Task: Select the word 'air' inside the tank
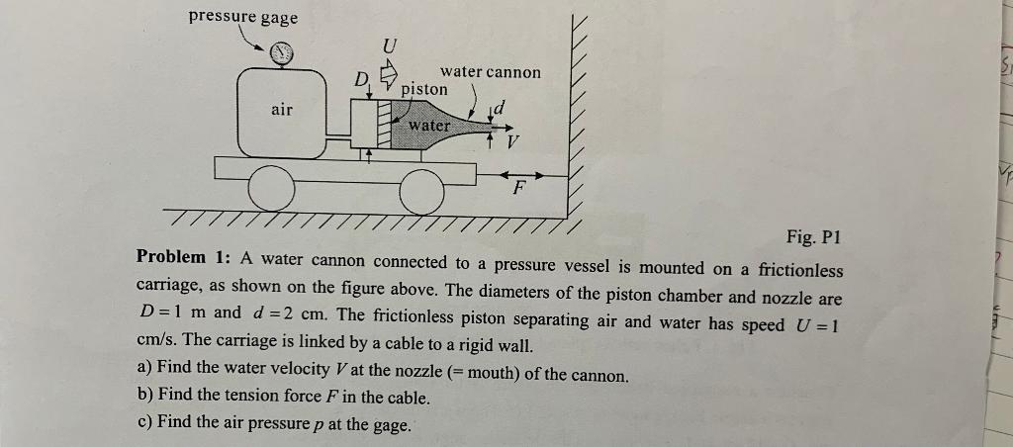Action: pyautogui.click(x=282, y=110)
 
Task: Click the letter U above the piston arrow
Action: pyautogui.click(x=390, y=45)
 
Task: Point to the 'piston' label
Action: pyautogui.click(x=424, y=89)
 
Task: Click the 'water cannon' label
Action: pyautogui.click(x=491, y=71)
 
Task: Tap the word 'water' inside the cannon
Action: pyautogui.click(x=428, y=126)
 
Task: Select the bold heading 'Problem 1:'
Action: pyautogui.click(x=183, y=256)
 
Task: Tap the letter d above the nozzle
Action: pyautogui.click(x=501, y=105)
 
